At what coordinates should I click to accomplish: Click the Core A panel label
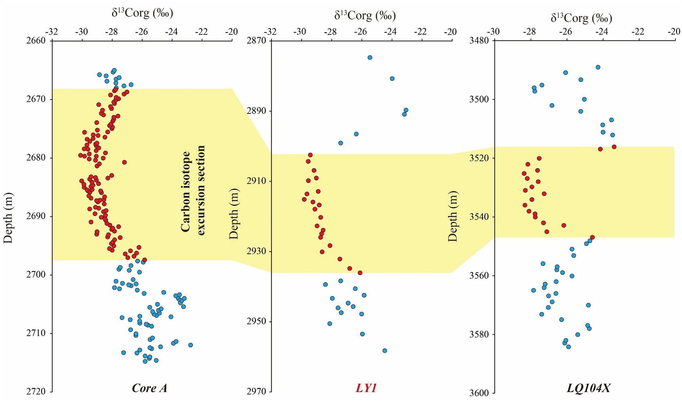tap(149, 388)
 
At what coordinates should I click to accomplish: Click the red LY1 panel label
tap(366, 388)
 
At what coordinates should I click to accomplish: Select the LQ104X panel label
tap(588, 388)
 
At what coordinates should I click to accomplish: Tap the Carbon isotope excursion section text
tap(193, 190)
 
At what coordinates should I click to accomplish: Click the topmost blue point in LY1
tap(370, 57)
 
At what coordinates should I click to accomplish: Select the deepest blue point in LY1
tap(384, 350)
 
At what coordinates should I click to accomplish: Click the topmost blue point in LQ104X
tap(598, 67)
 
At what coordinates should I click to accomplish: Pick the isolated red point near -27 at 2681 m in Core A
tap(124, 162)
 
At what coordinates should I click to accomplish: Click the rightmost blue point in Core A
tap(190, 345)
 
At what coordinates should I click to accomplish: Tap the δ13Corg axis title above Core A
tap(142, 13)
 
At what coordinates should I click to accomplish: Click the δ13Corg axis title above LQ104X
tap(581, 18)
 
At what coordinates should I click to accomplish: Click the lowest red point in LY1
tap(360, 273)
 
